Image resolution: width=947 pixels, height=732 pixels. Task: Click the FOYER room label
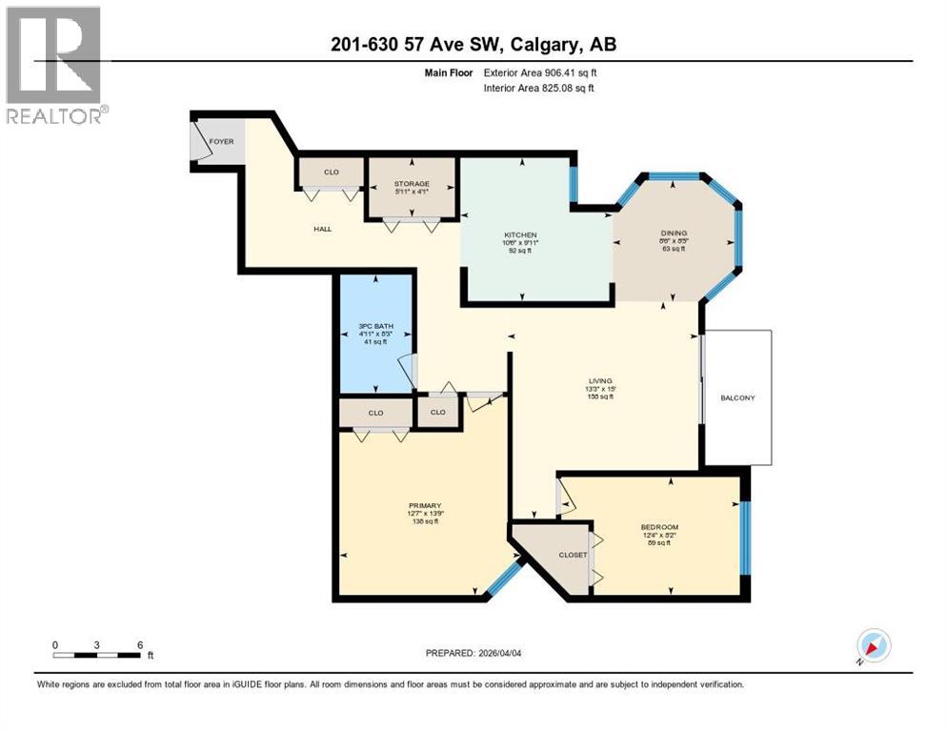click(221, 141)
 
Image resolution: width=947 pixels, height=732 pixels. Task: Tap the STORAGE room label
click(412, 183)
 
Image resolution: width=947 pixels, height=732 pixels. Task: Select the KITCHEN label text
click(521, 234)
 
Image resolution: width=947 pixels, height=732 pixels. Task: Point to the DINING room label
click(675, 233)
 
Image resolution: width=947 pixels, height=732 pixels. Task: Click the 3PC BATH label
click(375, 326)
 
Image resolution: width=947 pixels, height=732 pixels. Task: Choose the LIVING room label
click(599, 380)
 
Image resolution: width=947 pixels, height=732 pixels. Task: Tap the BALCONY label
click(736, 397)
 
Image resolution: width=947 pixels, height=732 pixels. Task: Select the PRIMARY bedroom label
click(424, 505)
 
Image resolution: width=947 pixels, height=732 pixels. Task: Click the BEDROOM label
click(659, 526)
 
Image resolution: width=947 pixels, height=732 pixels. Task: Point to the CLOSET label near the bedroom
click(573, 555)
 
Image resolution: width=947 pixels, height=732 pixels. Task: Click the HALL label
click(323, 229)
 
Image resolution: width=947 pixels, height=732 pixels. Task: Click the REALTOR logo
click(54, 66)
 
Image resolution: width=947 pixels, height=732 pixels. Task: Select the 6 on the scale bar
click(140, 644)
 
